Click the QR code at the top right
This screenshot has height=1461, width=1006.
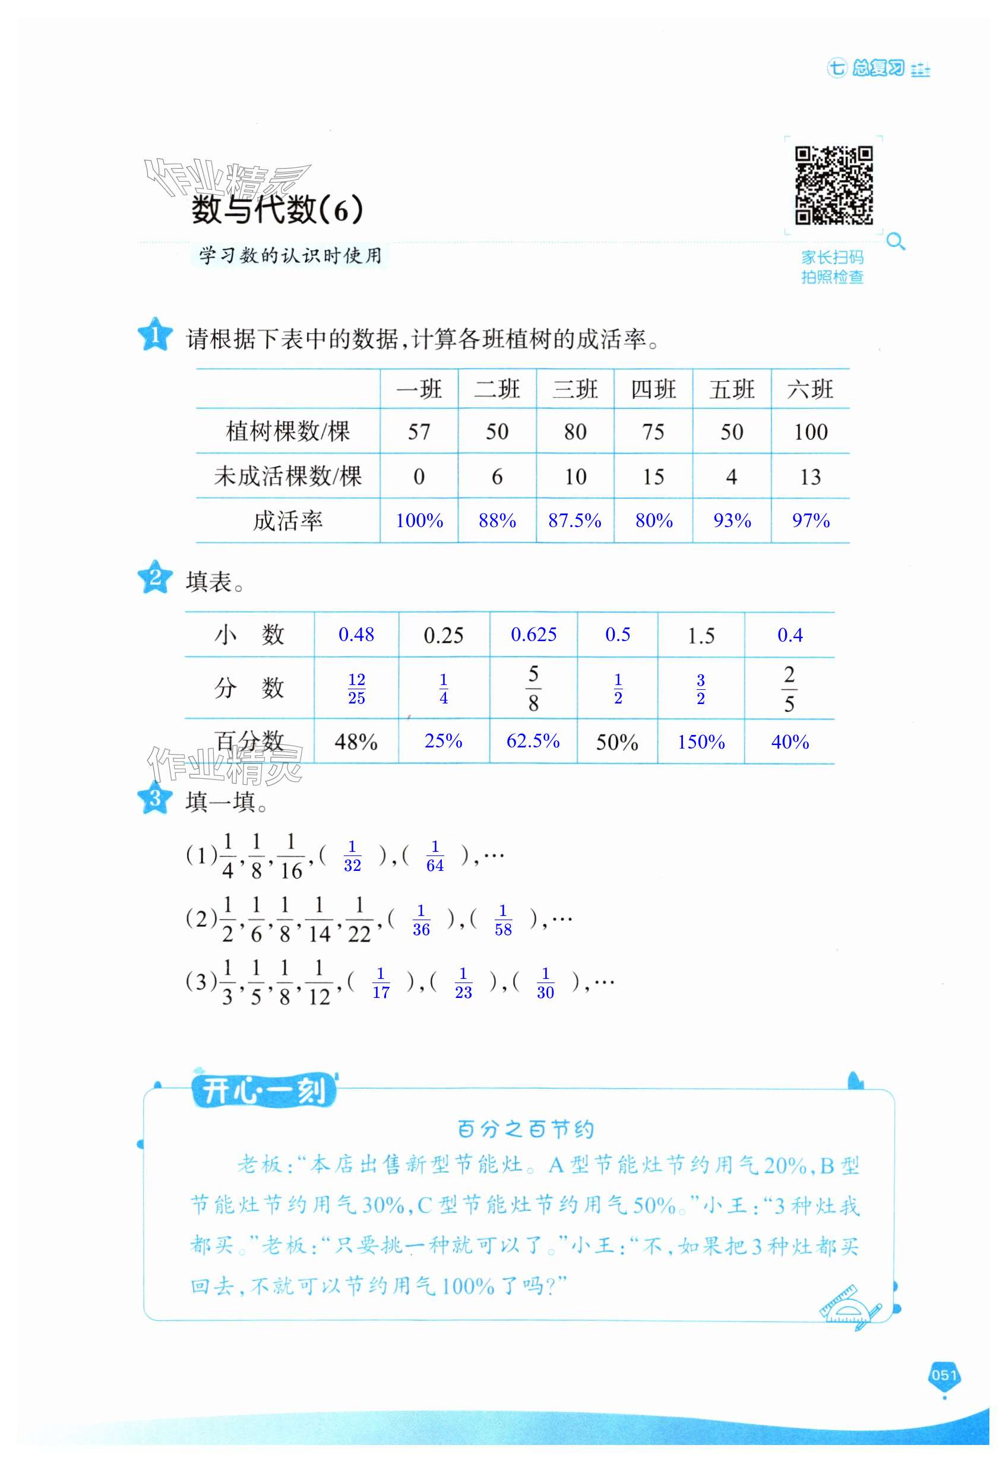(833, 185)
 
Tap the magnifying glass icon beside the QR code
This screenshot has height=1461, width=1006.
(895, 241)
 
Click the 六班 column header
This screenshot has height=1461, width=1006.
(810, 389)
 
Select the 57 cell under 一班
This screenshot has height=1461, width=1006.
(419, 432)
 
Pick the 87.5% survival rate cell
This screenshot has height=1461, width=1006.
(574, 521)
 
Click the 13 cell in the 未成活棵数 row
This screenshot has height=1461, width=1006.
(810, 477)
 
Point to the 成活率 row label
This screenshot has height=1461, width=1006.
(287, 521)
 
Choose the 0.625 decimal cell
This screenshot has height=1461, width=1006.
(533, 635)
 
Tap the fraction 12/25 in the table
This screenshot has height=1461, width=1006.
(356, 689)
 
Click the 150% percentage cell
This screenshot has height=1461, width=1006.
(701, 741)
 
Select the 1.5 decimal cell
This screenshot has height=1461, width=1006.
(701, 636)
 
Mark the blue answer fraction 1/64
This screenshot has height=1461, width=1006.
(435, 856)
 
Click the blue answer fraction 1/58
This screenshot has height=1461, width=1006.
(502, 920)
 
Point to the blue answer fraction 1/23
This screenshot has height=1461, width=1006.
(463, 983)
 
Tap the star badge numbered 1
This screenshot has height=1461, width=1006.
(154, 335)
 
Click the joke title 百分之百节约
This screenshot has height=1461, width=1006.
(525, 1129)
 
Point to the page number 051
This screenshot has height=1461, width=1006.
(944, 1376)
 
